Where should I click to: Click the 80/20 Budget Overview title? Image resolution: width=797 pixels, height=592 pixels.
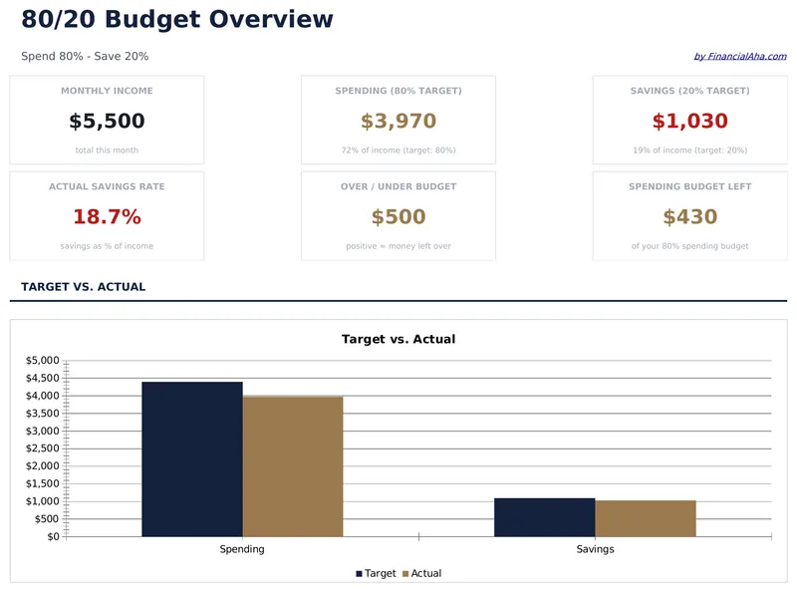pos(177,19)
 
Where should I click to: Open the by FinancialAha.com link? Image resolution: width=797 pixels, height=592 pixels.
pos(739,57)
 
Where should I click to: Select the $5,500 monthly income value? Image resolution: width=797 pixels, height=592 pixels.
pos(107,122)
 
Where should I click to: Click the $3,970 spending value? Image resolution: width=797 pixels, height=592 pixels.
pos(398,122)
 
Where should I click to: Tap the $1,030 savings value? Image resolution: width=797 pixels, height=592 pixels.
pos(689,122)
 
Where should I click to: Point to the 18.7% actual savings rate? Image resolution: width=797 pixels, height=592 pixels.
pos(107,217)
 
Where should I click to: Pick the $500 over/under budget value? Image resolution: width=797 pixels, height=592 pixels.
pos(398,217)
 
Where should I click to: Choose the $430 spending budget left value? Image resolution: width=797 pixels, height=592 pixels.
pos(689,217)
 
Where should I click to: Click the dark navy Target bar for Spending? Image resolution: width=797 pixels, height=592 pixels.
pos(192,458)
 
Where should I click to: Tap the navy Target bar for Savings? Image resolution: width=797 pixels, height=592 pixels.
pos(545,517)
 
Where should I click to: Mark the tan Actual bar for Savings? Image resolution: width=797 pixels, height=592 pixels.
pos(646,518)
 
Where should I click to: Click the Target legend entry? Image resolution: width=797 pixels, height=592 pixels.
pos(376,574)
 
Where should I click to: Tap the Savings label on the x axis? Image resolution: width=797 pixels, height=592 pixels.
pos(595,549)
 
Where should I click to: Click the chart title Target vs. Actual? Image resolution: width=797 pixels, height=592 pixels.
pos(398,339)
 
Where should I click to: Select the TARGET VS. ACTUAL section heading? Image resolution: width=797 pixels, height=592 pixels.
pos(84,287)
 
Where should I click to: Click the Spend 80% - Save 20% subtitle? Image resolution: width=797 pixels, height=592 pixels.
pos(85,57)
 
